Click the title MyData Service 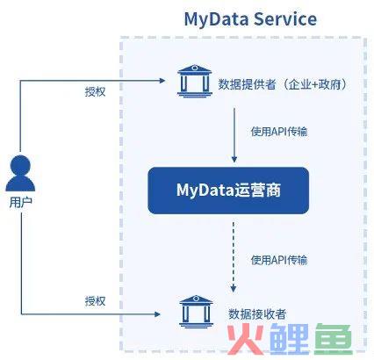[x=250, y=19]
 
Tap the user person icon [x=20, y=173]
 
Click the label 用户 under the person [x=20, y=202]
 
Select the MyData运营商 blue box [x=228, y=191]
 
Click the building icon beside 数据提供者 [x=195, y=81]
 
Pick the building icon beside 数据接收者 [x=196, y=312]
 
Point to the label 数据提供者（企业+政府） [x=283, y=84]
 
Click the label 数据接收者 [x=257, y=314]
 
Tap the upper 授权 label [x=95, y=92]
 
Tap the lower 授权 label [x=95, y=301]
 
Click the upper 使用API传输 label [x=279, y=132]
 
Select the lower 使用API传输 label [x=279, y=260]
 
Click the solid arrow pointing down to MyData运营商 [x=234, y=135]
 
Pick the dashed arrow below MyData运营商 [x=234, y=257]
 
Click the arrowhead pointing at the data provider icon [x=162, y=81]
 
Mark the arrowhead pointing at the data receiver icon [x=157, y=314]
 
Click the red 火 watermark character [x=245, y=339]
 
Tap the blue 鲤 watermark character [x=289, y=339]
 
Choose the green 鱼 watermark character [x=334, y=339]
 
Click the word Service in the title [x=285, y=19]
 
